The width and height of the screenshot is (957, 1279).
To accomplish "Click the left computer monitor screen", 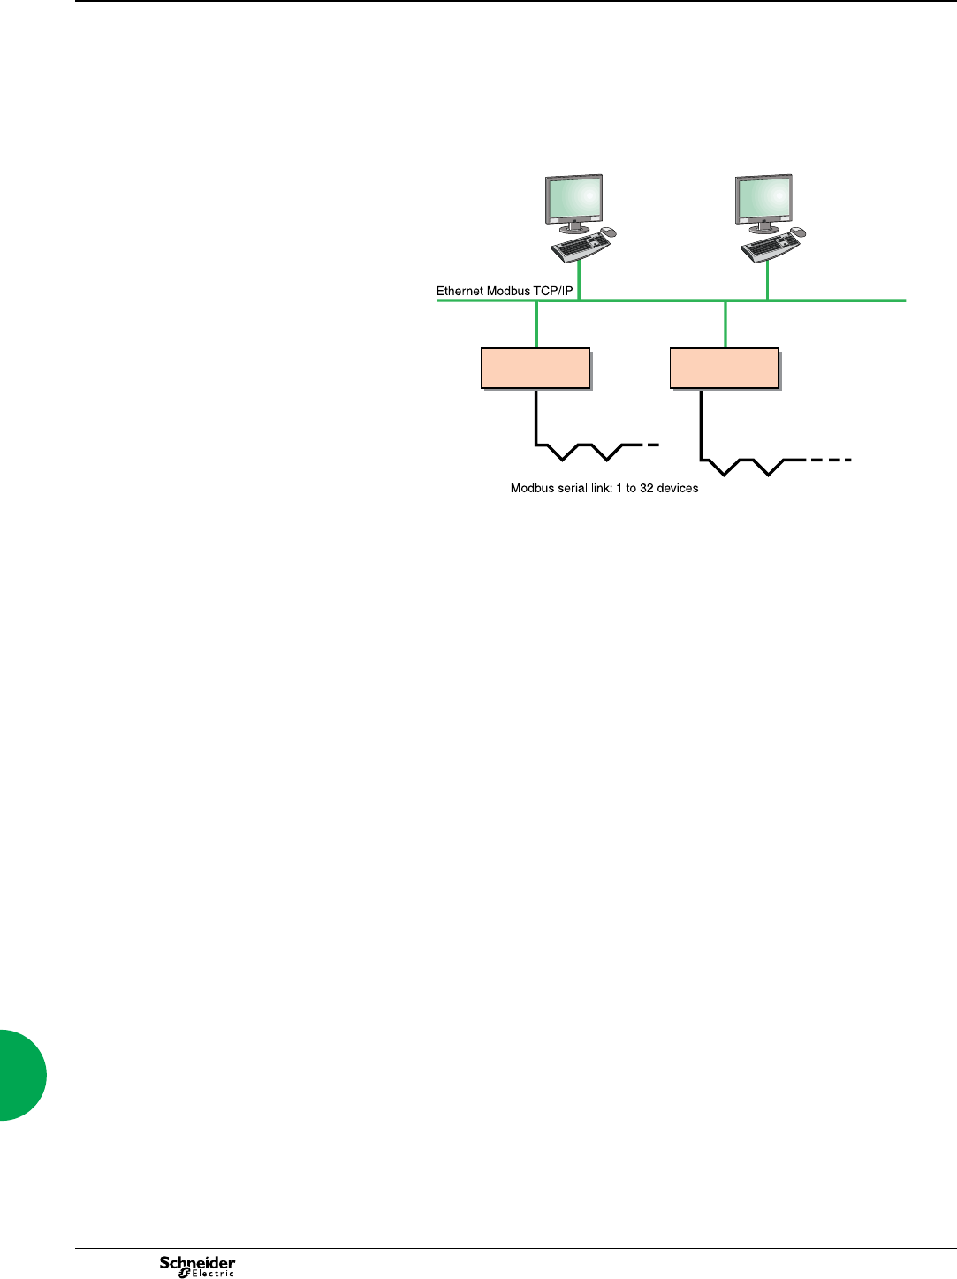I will (573, 197).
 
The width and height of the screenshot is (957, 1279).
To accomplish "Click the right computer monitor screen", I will (764, 197).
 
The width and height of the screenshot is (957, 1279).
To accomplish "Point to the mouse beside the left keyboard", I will (608, 232).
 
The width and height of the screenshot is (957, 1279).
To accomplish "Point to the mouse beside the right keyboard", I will (798, 232).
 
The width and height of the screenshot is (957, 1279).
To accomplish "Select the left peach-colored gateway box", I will (535, 369).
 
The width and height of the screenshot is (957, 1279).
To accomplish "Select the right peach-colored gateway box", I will (725, 369).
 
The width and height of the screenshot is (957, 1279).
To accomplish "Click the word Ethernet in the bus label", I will (460, 291).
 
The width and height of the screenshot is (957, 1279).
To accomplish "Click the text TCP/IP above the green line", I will (553, 291).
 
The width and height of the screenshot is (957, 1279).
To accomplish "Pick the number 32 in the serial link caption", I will (646, 488).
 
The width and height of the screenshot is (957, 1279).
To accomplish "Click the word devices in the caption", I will (678, 488).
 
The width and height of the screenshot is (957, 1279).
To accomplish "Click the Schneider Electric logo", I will (197, 1266).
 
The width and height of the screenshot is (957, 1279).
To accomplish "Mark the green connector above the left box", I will (536, 324).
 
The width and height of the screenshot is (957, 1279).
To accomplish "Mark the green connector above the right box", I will (725, 324).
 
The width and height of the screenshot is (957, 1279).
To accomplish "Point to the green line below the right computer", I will (767, 281).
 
